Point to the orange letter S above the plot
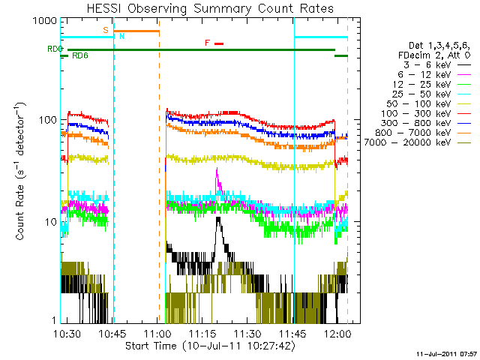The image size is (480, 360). pos(106,29)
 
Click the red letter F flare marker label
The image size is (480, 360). pos(207,43)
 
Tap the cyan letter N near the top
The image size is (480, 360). pos(122,36)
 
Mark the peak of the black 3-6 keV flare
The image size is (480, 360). pos(217,218)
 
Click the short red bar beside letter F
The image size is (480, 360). pos(219,43)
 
